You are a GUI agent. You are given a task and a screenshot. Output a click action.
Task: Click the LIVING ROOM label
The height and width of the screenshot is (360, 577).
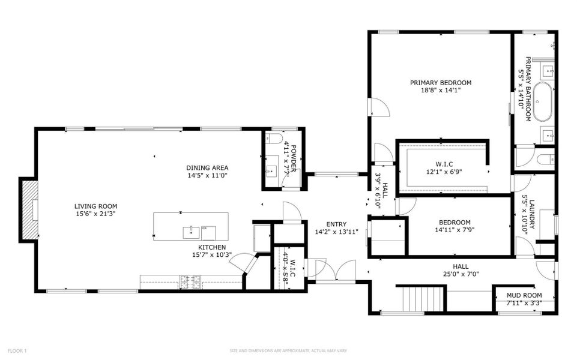click(x=96, y=206)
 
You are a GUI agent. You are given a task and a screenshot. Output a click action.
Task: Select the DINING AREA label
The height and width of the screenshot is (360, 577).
click(x=207, y=168)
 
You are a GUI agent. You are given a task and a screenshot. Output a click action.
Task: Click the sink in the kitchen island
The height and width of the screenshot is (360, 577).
click(x=191, y=229)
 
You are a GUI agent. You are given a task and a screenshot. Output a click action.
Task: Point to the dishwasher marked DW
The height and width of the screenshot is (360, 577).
click(x=205, y=228)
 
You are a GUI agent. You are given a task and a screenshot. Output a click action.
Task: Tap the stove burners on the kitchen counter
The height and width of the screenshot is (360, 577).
click(x=190, y=279)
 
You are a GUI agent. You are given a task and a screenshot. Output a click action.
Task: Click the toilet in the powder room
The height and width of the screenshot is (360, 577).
click(x=276, y=139)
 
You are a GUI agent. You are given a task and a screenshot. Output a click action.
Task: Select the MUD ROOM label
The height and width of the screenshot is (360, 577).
click(x=524, y=295)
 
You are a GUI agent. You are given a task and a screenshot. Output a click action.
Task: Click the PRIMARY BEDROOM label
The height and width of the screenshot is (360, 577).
click(x=441, y=83)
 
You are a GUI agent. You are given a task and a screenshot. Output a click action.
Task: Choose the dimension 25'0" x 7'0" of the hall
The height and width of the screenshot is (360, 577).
click(x=461, y=274)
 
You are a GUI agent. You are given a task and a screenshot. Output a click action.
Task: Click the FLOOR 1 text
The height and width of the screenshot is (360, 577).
click(x=17, y=350)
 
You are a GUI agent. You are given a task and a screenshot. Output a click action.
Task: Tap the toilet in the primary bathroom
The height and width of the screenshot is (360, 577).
click(x=546, y=159)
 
